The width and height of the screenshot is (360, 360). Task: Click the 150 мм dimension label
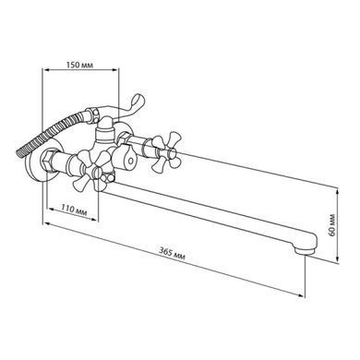79,65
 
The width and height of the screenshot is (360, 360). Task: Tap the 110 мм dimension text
74,210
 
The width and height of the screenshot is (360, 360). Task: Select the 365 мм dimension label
172,254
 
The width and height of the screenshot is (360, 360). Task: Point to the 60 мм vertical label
332,225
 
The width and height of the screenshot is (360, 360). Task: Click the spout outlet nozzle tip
305,250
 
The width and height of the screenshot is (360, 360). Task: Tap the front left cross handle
91,171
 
